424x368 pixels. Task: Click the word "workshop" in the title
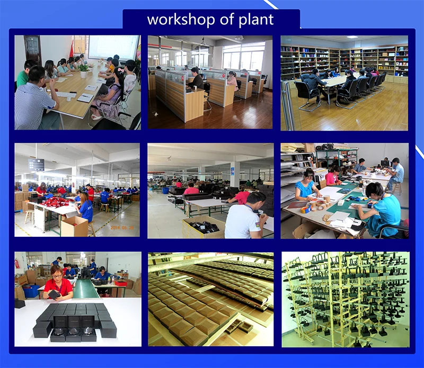[x=181, y=20]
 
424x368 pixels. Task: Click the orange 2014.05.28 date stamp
[x=122, y=228]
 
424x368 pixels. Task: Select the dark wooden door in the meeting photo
[x=33, y=49]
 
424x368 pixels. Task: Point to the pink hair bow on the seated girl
[x=120, y=71]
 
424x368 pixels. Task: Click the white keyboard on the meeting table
[x=66, y=95]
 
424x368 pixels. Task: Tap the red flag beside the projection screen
[x=72, y=49]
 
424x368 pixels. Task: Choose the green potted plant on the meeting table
[x=83, y=70]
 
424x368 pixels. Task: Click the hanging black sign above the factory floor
[x=36, y=164]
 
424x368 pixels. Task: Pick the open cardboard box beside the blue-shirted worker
[x=74, y=226]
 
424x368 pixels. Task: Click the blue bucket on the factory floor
[x=165, y=190]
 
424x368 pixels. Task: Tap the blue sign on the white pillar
[x=232, y=171]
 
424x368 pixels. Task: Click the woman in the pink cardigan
[x=232, y=80]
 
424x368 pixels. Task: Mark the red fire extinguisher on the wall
[x=17, y=263]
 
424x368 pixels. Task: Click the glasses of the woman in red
[x=57, y=275]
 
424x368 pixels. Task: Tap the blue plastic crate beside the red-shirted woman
[x=31, y=291]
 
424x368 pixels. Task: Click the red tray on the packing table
[x=121, y=283]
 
